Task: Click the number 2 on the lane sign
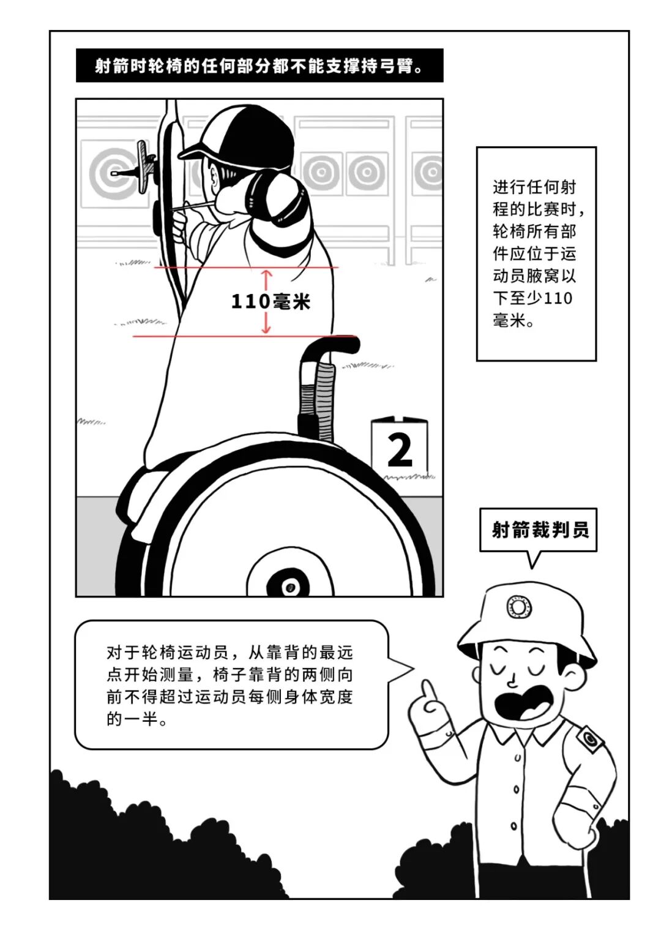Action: click(400, 450)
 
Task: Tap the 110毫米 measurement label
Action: click(270, 302)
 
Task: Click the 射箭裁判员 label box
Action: click(538, 530)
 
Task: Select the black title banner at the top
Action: click(260, 66)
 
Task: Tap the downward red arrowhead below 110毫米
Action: click(266, 329)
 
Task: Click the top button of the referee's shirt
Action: click(517, 757)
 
